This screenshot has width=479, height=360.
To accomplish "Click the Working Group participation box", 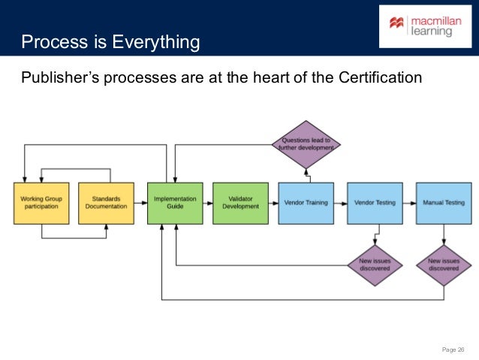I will (41, 203).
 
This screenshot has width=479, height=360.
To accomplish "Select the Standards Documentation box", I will (106, 203).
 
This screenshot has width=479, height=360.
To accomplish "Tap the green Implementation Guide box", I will (175, 203).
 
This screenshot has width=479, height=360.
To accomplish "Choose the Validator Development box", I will (240, 203).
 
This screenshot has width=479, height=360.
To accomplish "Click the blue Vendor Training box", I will (306, 203).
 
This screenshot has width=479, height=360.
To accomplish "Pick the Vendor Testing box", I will (374, 203).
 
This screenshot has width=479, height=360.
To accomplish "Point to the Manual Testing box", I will (444, 203).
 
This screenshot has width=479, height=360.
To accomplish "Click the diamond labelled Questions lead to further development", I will (306, 144).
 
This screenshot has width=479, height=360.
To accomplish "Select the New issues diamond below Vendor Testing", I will (374, 263).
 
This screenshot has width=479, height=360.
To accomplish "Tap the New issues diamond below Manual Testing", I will (444, 263).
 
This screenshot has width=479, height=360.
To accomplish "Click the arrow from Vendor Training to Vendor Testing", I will (339, 203).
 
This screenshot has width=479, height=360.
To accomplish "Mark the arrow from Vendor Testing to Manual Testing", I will (408, 203).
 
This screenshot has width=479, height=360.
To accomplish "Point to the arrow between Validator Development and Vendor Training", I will (273, 203).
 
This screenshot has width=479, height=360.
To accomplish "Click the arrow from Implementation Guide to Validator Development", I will (208, 203).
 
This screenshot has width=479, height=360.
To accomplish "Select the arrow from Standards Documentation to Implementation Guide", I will (140, 203).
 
